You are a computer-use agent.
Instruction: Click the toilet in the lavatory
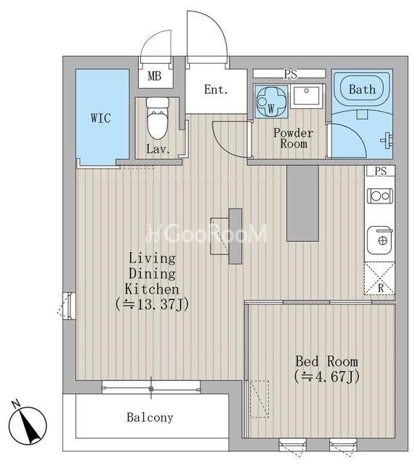point(158,118)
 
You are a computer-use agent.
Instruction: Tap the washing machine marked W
point(271,102)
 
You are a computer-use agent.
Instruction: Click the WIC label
point(101,118)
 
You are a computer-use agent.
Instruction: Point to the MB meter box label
point(155,76)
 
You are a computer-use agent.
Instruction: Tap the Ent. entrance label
point(216,89)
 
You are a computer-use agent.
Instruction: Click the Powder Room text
point(294,138)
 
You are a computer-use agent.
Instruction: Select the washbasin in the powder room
point(306,96)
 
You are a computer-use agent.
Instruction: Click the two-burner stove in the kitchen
point(380,196)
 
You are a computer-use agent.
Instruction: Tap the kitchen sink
point(380,240)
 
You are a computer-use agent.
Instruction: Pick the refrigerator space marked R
point(379,278)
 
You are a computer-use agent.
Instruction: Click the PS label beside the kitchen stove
point(381,171)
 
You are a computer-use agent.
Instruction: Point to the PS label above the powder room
point(291,74)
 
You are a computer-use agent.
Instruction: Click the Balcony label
point(150,418)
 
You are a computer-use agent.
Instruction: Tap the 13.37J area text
point(152,304)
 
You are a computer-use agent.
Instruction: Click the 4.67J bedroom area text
point(327,376)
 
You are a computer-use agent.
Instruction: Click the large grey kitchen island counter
point(302,203)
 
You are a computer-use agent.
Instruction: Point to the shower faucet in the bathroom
point(387,140)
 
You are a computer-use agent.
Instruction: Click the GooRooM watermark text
point(206,233)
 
